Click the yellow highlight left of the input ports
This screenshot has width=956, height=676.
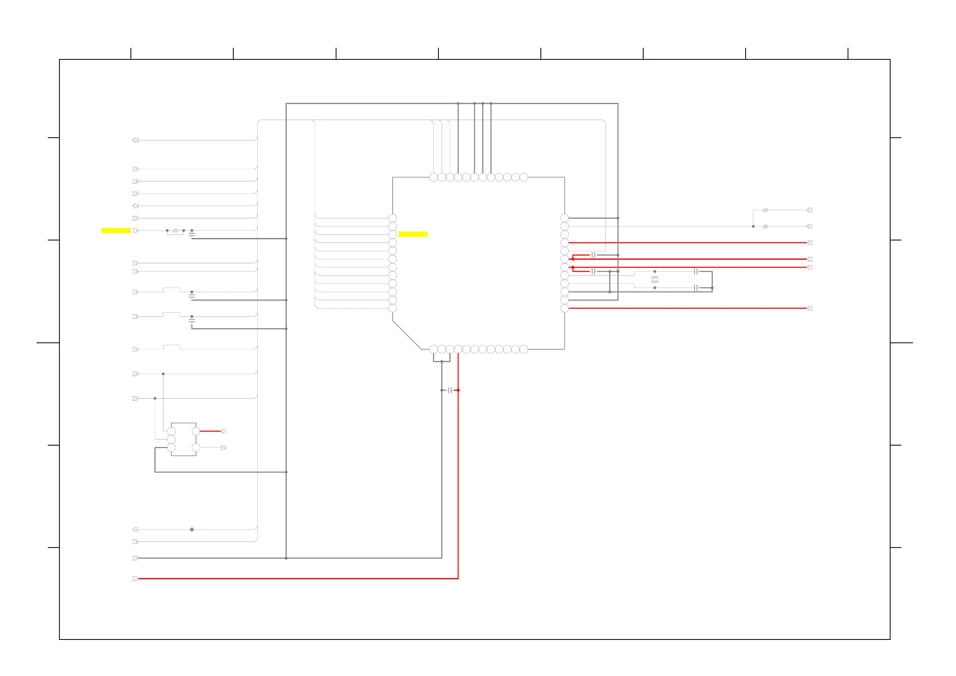click(116, 230)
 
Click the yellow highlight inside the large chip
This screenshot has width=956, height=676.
click(413, 234)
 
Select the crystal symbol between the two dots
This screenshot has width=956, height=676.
click(654, 280)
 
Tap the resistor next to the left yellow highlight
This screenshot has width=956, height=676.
click(175, 230)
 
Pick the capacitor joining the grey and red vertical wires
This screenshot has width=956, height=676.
click(450, 390)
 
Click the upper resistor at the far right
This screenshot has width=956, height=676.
click(765, 210)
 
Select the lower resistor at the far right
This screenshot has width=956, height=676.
click(765, 226)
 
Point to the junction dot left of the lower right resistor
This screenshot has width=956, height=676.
click(753, 226)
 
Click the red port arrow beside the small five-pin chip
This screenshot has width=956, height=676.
click(224, 431)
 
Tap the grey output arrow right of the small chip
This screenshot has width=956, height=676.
click(224, 448)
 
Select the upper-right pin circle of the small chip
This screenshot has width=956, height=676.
click(196, 431)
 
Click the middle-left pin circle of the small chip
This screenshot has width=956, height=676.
click(171, 439)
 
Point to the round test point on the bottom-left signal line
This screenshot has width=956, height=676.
click(192, 529)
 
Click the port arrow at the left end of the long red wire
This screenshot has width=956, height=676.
click(135, 578)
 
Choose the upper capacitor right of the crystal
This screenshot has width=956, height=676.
click(696, 271)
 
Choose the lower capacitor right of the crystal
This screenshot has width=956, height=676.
click(696, 288)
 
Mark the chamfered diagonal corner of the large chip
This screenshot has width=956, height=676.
click(406, 335)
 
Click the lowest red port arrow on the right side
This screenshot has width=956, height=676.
click(809, 308)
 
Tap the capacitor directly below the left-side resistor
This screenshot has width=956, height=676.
click(192, 235)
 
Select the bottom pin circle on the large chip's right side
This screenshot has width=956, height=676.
click(565, 308)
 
